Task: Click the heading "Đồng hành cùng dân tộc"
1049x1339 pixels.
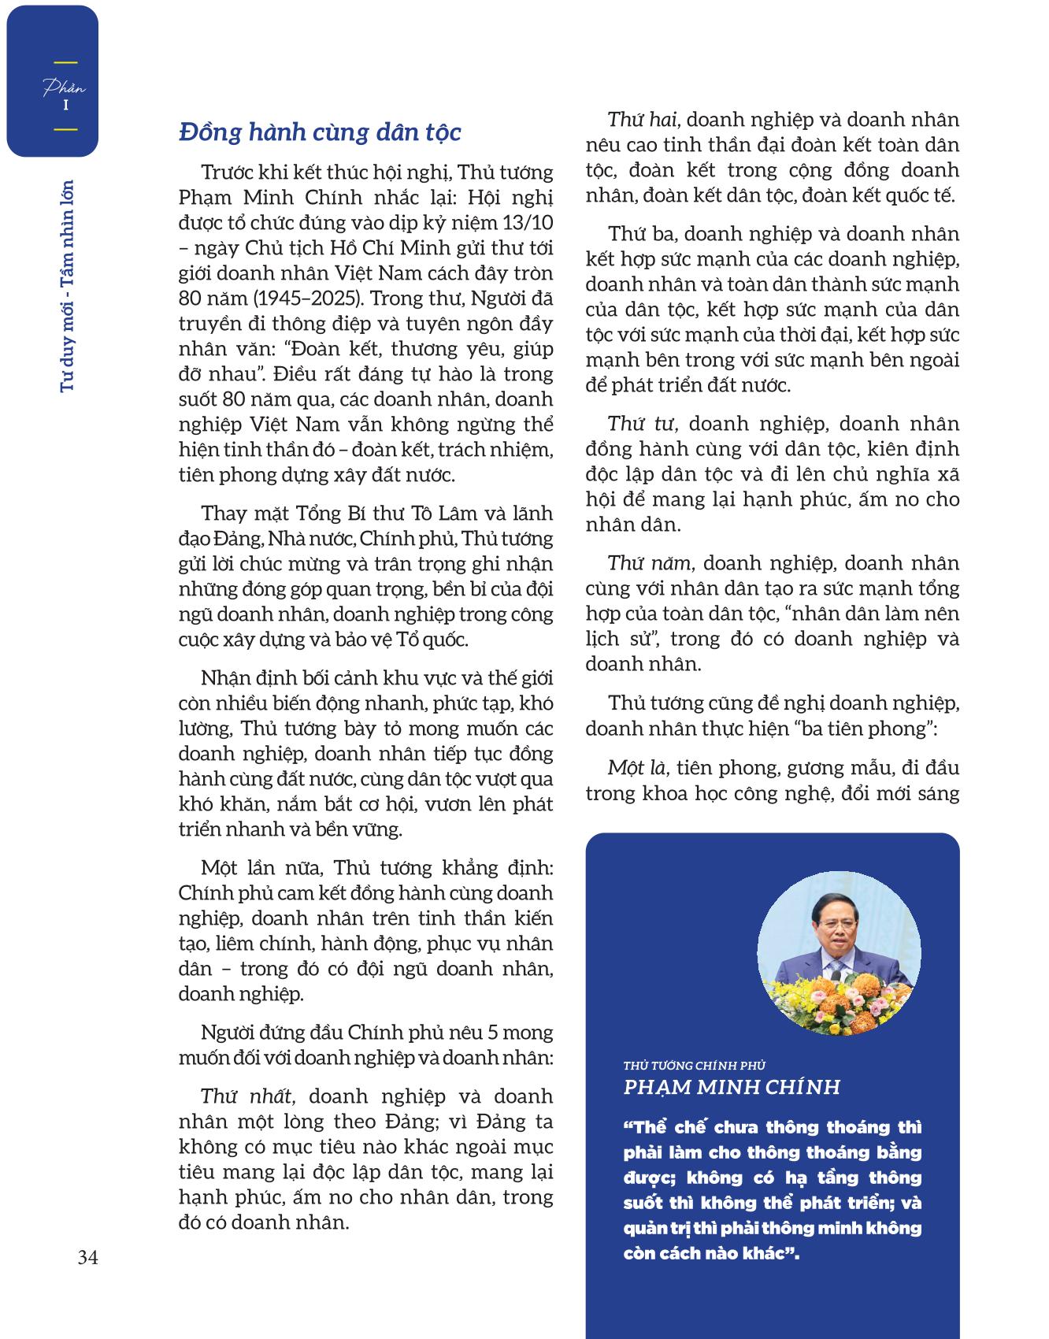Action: point(320,132)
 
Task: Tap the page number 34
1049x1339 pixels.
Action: point(87,1258)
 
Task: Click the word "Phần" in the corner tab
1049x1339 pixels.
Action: point(65,88)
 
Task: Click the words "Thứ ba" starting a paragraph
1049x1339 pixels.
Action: point(638,234)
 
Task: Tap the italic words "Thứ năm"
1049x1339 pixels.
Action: point(649,563)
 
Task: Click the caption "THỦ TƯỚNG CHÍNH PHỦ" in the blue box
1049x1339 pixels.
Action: point(694,1066)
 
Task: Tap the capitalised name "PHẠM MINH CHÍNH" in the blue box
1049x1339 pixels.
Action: point(732,1088)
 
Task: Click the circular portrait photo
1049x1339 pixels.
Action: point(839,953)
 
